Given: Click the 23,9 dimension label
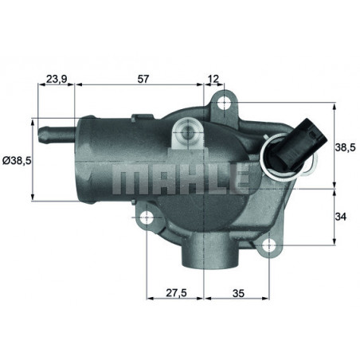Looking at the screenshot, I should (55, 80).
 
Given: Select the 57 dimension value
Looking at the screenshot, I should (143, 80).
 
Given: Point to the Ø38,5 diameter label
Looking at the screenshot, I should (16, 160).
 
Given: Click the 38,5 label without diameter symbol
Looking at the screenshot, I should (345, 147).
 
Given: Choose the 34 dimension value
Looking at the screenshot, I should (342, 216).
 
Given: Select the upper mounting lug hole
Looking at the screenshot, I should (224, 102).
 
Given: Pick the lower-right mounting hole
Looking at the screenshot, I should (270, 246).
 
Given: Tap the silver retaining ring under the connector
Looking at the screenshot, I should (284, 159).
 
